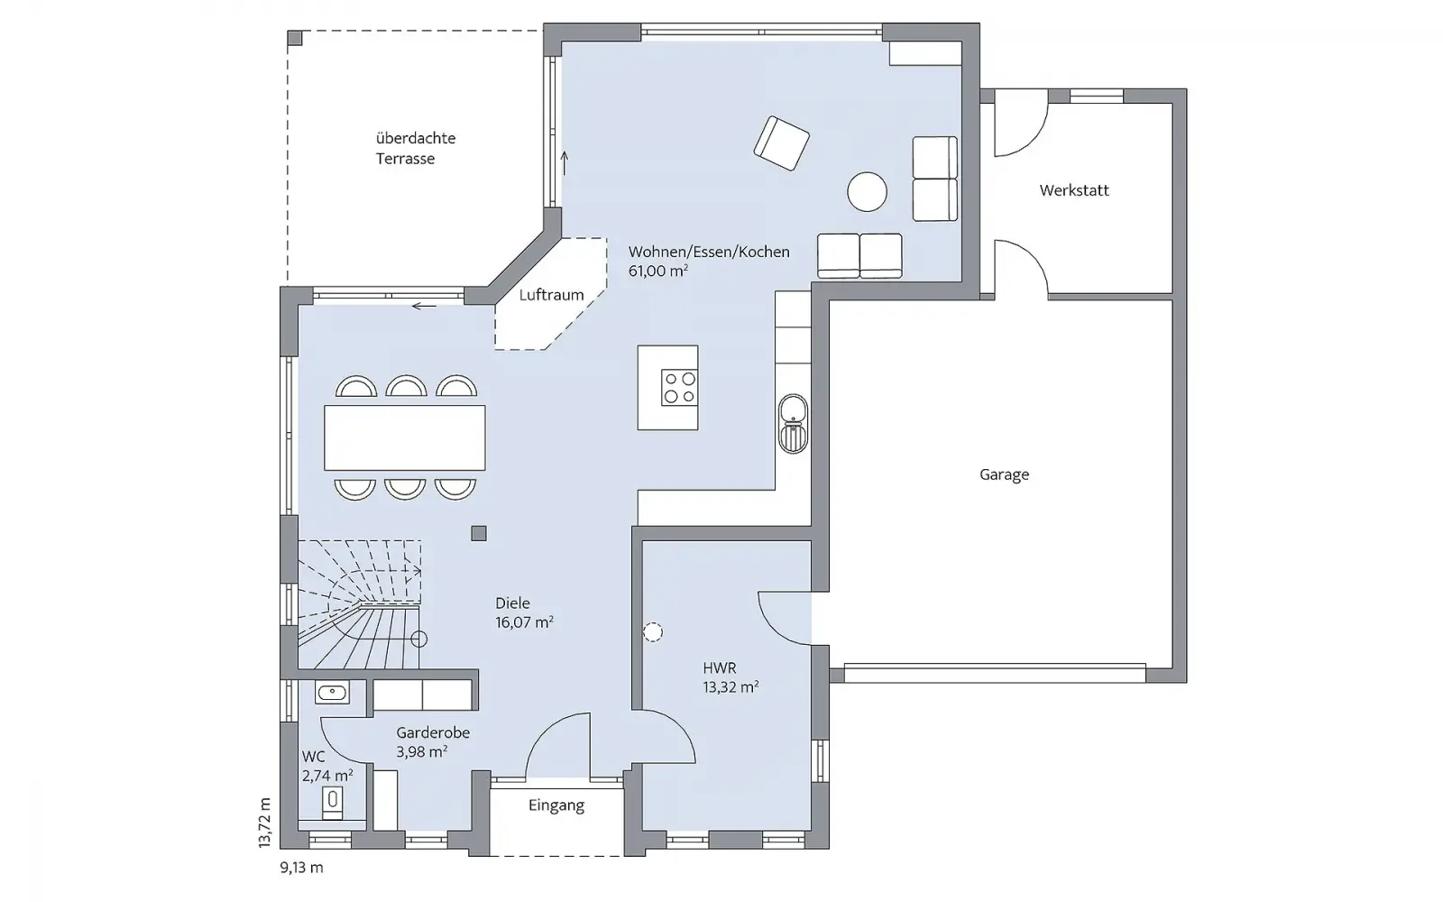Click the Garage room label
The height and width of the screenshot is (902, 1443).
point(1004,474)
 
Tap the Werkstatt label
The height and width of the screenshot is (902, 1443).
point(1074,190)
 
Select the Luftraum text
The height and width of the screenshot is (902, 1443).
point(551,295)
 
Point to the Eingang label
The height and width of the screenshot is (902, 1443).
point(556,805)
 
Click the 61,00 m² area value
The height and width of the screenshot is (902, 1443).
point(657,272)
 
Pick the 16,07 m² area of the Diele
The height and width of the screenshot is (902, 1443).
point(524,622)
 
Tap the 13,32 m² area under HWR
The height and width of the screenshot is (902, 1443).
point(730,686)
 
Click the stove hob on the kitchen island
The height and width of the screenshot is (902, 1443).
point(680,387)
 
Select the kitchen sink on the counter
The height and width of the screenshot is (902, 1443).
point(793,424)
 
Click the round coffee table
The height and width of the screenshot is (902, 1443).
point(867,192)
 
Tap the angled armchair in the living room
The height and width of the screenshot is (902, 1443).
point(781,143)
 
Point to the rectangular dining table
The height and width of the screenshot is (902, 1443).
point(405,437)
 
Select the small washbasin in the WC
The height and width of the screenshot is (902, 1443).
point(332,693)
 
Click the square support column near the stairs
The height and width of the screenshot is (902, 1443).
point(479,533)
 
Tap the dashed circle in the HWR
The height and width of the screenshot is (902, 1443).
point(653,632)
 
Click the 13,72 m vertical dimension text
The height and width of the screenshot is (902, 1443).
point(265,822)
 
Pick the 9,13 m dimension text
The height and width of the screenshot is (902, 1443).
point(301,867)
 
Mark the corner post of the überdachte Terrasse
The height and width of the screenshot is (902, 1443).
point(294,38)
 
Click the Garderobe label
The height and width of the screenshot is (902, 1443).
point(433,732)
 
